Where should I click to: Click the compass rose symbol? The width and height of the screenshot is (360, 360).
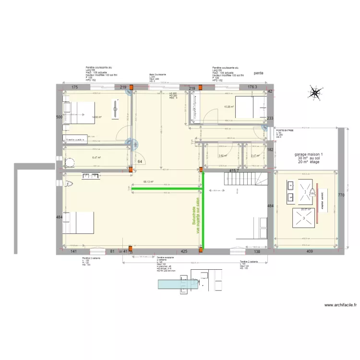pyautogui.click(x=315, y=93)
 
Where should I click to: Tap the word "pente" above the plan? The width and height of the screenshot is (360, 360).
pyautogui.click(x=259, y=73)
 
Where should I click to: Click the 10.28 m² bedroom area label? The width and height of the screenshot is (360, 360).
pyautogui.click(x=228, y=107)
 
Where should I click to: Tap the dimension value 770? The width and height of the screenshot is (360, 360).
pyautogui.click(x=341, y=195)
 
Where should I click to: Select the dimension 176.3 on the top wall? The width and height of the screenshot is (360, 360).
pyautogui.click(x=252, y=87)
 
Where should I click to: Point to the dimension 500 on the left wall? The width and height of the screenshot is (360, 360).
pyautogui.click(x=59, y=117)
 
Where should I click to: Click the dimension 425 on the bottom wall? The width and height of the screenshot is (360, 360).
pyautogui.click(x=183, y=251)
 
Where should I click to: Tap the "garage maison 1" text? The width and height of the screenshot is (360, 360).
pyautogui.click(x=308, y=155)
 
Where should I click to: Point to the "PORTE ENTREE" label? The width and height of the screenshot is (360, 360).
pyautogui.click(x=285, y=130)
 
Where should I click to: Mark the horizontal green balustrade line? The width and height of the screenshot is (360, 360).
pyautogui.click(x=166, y=189)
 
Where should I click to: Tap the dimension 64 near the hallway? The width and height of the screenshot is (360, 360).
pyautogui.click(x=140, y=161)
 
